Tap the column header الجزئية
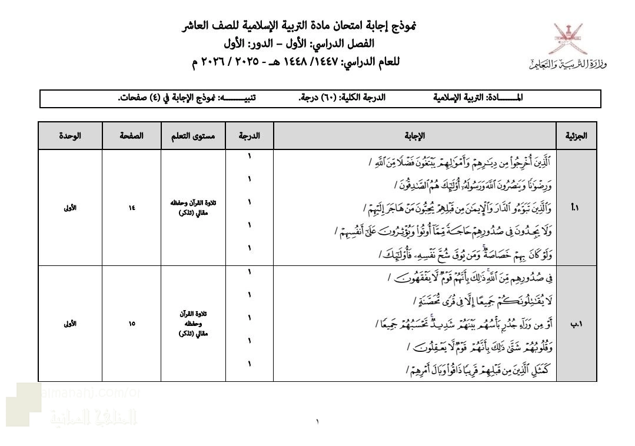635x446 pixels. tap(576, 135)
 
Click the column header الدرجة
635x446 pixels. tap(249, 135)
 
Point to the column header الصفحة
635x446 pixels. tap(131, 135)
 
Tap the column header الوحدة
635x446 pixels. tap(70, 135)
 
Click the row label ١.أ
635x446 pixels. tap(576, 208)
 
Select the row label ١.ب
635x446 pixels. tap(576, 323)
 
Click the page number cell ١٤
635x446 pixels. tap(131, 208)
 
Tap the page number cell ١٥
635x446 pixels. tap(131, 323)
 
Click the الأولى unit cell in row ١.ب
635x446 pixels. tap(70, 323)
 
